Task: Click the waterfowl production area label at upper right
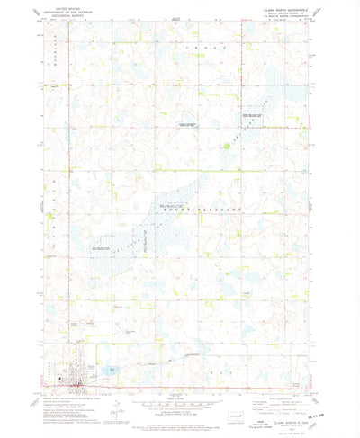pos(252,115)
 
